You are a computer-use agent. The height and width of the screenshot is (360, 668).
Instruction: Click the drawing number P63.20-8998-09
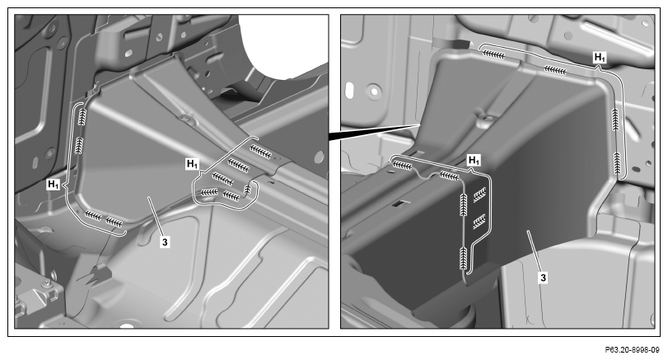click(x=633, y=350)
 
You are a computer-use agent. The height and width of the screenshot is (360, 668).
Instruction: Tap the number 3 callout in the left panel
click(x=165, y=242)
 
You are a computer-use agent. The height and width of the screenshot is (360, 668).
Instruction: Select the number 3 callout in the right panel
click(x=543, y=278)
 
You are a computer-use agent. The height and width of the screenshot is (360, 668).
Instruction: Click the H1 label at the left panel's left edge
click(x=54, y=185)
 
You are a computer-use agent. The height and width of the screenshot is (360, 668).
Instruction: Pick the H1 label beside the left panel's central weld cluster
click(x=192, y=164)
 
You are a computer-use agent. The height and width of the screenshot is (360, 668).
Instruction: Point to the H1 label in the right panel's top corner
click(x=600, y=57)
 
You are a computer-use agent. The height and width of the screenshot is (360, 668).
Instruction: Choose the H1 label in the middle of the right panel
click(x=474, y=161)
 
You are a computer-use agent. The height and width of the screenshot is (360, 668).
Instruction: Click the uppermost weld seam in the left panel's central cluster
click(x=260, y=152)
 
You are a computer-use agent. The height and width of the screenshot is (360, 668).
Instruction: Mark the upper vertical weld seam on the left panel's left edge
click(x=82, y=116)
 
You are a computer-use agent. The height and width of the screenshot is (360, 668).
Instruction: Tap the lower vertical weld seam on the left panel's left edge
click(x=79, y=145)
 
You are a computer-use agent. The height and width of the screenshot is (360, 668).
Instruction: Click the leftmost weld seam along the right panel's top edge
click(x=494, y=54)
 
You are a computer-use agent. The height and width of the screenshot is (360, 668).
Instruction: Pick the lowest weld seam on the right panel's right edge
click(x=617, y=163)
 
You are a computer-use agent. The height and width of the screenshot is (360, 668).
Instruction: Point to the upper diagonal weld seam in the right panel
click(x=479, y=194)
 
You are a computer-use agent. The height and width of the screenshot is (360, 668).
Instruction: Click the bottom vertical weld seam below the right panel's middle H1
click(x=464, y=258)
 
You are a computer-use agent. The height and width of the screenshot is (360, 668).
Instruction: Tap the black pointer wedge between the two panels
click(x=374, y=130)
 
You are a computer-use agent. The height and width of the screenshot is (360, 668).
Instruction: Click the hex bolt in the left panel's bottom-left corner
click(x=47, y=283)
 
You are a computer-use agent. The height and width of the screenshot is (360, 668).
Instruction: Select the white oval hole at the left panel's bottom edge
click(x=127, y=326)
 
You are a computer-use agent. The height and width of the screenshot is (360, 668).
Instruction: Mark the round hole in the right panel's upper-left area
click(x=374, y=91)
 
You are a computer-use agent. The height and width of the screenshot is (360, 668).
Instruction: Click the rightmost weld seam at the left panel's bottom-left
click(x=114, y=222)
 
